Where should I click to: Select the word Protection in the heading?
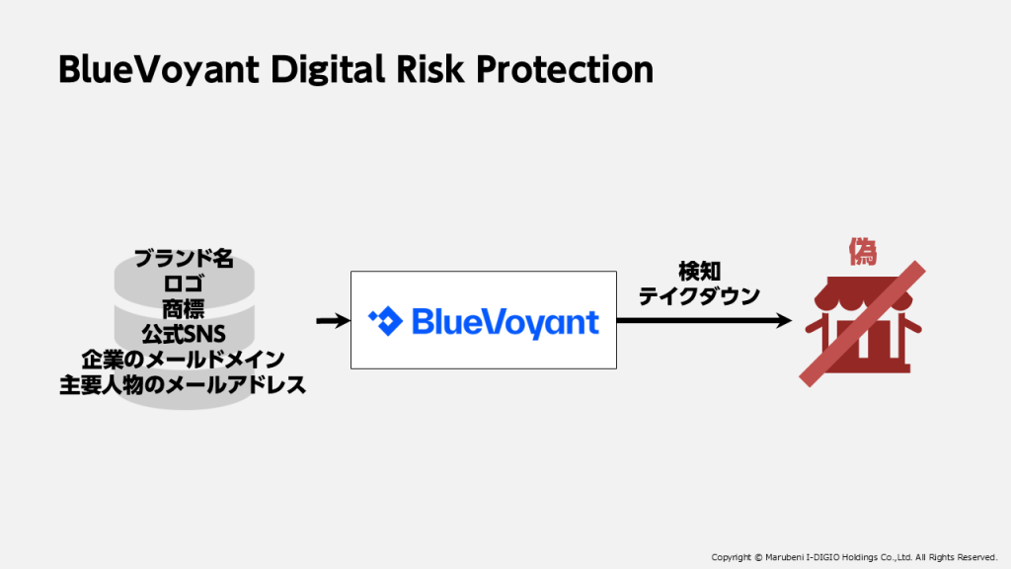(x=565, y=70)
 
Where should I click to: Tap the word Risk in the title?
(x=430, y=69)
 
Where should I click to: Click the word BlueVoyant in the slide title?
(x=159, y=70)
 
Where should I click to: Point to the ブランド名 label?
(x=184, y=259)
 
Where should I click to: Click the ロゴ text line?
(x=184, y=284)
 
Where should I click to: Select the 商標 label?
(x=184, y=309)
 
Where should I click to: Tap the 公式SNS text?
(x=184, y=334)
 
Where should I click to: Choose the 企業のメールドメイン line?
(x=184, y=360)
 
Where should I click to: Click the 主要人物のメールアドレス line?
(x=183, y=385)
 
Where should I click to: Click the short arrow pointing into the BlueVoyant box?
(x=333, y=321)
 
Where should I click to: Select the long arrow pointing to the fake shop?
(x=704, y=321)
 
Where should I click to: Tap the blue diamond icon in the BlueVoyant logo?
(x=386, y=321)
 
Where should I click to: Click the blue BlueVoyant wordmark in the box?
(x=505, y=323)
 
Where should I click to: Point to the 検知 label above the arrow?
(x=700, y=272)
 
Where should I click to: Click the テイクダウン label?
(x=700, y=296)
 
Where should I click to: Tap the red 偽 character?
(x=863, y=252)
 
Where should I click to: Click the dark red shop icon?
(x=863, y=324)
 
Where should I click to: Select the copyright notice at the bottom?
(x=854, y=557)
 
